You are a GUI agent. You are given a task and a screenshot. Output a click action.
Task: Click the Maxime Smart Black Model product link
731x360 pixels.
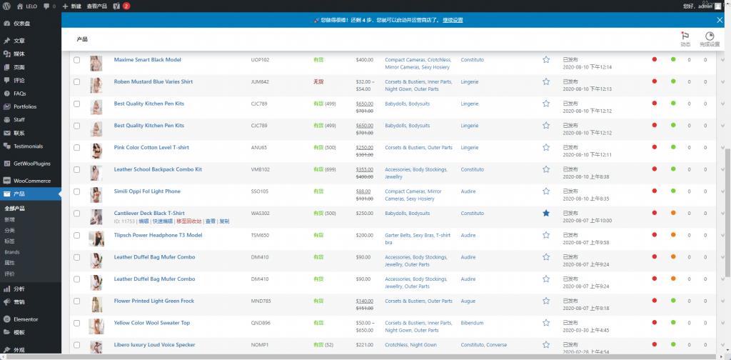[x=147, y=60]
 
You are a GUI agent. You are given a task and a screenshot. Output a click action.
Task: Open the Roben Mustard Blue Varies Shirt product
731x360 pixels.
[x=153, y=82]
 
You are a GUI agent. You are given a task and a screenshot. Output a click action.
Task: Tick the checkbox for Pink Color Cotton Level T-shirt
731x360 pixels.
[x=77, y=148]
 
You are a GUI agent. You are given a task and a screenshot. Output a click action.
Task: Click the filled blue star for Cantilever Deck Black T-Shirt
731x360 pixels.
[x=546, y=214]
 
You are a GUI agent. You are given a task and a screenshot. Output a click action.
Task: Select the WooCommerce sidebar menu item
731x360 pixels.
[x=32, y=181]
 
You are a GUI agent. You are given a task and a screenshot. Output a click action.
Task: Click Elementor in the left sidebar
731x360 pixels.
[x=26, y=319]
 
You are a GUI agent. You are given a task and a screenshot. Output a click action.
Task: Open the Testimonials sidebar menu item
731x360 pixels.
[x=28, y=146]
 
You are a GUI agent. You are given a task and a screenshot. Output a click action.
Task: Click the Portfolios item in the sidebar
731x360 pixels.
[x=25, y=106]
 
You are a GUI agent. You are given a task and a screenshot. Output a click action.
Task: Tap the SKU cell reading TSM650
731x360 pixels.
[x=260, y=235]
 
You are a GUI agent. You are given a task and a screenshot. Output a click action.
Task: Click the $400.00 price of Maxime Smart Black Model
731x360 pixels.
[x=365, y=60]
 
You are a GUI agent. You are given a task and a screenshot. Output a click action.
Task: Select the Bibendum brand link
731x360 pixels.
[x=473, y=323]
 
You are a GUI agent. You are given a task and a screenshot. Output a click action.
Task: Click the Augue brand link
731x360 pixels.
[x=468, y=301]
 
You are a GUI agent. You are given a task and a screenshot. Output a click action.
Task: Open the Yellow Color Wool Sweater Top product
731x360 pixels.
[x=151, y=323]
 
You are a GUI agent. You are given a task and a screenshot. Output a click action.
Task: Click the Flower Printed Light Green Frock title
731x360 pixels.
[x=153, y=301]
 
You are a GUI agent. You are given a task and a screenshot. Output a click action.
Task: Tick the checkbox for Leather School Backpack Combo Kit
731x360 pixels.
[x=77, y=170]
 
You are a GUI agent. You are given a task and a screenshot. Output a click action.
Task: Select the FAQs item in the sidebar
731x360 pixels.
[x=19, y=94]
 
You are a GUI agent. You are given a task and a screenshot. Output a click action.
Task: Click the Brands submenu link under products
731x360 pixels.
[x=12, y=252]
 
